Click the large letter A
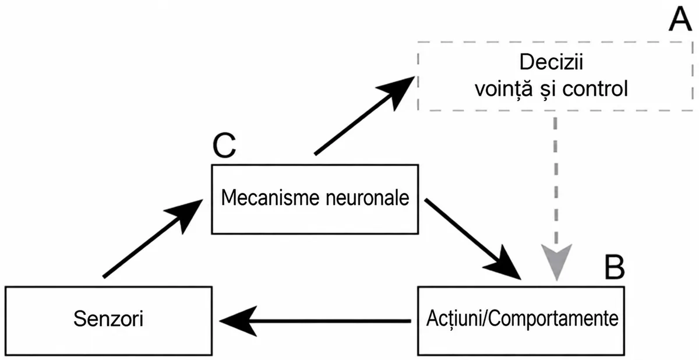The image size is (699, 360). pos(680,19)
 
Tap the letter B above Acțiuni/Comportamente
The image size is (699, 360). pos(615,267)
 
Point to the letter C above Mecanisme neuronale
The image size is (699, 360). pos(224,146)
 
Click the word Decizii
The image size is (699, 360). pos(551,62)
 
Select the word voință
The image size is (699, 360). pos(504,89)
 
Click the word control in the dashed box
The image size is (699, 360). pos(595,89)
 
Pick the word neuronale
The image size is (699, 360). pos(368,198)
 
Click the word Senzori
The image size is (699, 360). pos(108,319)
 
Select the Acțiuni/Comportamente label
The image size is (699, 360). pos(522,319)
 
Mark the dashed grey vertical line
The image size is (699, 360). pos(556,181)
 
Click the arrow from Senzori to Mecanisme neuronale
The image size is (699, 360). pos(153,238)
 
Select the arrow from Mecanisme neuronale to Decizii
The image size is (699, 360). pos(364,115)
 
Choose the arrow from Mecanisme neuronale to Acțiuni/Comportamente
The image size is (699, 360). pos(473,239)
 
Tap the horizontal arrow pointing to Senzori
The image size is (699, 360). pos(315,321)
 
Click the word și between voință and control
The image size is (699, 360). pos(548,90)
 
